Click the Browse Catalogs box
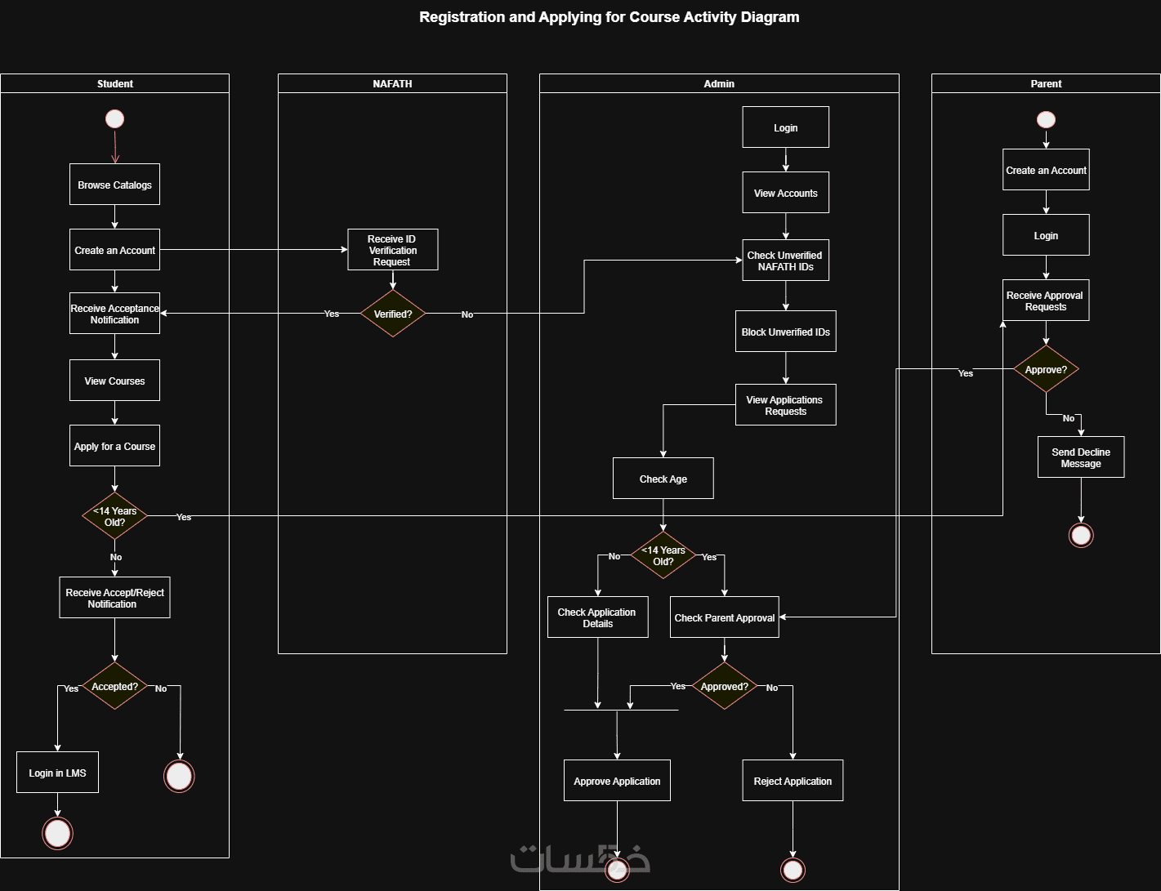[x=114, y=185]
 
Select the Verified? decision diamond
[x=393, y=314]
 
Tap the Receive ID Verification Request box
[x=392, y=250]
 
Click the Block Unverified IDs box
[x=785, y=332]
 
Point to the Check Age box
[x=663, y=479]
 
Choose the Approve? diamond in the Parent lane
[x=1046, y=369]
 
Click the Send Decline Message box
[x=1080, y=457]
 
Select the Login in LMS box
[x=57, y=773]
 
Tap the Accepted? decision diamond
[x=114, y=687]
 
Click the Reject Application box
[x=793, y=781]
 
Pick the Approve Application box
[x=617, y=781]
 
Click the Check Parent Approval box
[x=724, y=617]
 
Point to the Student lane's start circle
[x=114, y=119]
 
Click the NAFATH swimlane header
[x=392, y=83]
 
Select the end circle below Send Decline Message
[x=1081, y=535]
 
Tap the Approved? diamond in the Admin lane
[x=724, y=686]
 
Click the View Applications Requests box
[x=785, y=405]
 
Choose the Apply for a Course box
[x=114, y=446]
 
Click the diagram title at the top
[x=609, y=17]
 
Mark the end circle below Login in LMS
[x=57, y=834]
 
